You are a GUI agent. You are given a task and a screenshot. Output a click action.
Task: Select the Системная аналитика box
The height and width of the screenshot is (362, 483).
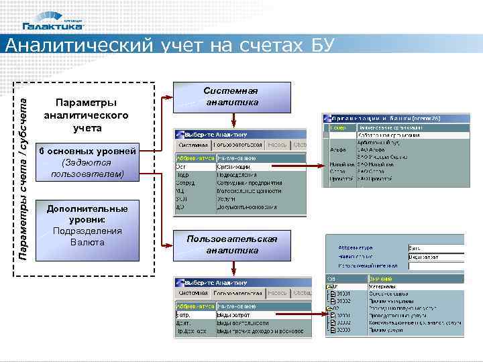[232, 97]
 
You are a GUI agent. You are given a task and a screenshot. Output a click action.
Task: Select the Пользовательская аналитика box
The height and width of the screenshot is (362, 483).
[232, 245]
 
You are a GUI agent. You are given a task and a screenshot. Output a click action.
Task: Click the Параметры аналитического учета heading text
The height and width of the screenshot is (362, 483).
[86, 115]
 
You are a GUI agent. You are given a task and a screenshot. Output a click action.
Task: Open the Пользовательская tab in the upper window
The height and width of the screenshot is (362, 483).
[238, 145]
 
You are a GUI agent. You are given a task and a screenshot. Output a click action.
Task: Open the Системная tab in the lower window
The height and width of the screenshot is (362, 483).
[193, 294]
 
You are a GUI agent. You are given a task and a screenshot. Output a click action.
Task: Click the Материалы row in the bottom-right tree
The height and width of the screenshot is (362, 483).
[382, 286]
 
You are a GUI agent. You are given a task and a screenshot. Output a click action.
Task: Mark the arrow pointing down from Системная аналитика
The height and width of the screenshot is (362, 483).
[232, 119]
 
